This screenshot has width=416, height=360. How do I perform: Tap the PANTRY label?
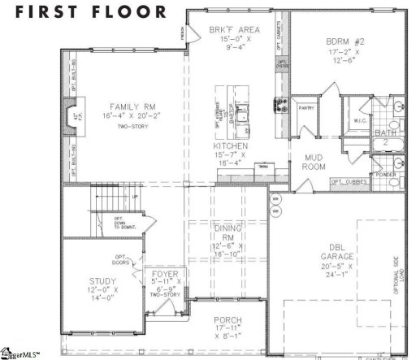coord(306,106)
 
